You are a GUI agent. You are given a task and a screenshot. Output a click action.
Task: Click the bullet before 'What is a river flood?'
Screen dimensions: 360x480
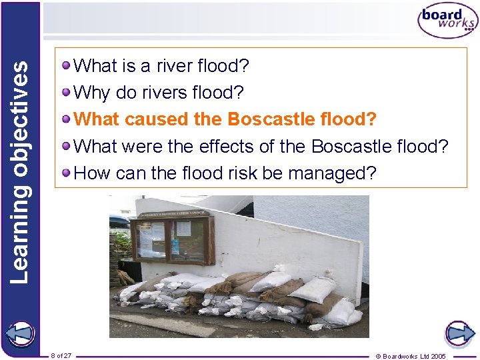pos(67,65)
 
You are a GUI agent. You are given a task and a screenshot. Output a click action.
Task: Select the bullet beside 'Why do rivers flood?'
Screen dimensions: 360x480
pos(67,92)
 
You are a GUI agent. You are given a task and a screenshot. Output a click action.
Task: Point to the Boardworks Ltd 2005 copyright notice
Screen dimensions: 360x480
pos(411,356)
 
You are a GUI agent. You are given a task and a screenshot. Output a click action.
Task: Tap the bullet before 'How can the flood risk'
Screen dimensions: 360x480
pos(67,173)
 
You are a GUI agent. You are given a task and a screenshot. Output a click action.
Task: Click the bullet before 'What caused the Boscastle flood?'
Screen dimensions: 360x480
pos(67,119)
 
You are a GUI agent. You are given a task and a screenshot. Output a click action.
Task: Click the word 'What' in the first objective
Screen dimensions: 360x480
pos(95,66)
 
